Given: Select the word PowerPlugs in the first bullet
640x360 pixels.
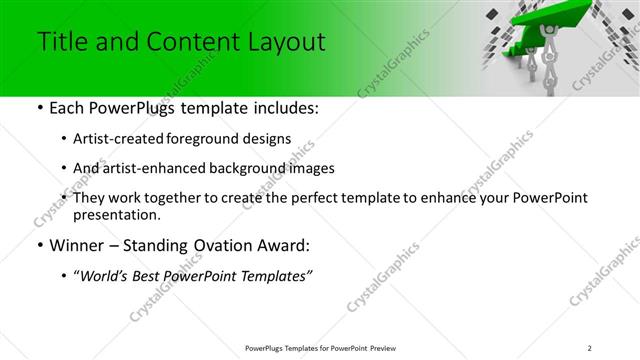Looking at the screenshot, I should point(126,108).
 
